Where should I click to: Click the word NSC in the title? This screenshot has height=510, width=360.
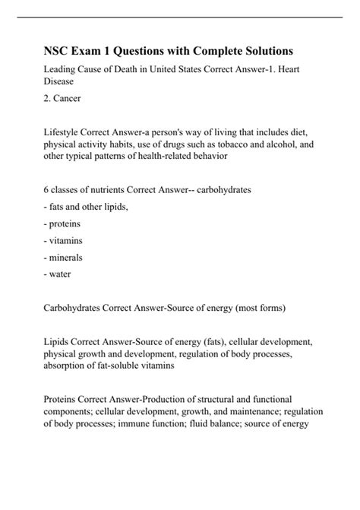click(57, 51)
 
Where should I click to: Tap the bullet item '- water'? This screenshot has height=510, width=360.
click(60, 273)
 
